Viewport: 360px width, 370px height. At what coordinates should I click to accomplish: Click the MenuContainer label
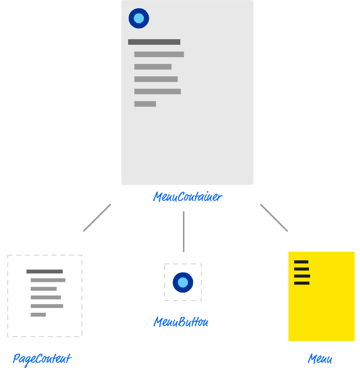[x=187, y=197]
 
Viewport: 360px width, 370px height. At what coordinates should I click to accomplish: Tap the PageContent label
[x=42, y=359]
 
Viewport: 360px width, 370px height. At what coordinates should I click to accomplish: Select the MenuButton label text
[x=181, y=323]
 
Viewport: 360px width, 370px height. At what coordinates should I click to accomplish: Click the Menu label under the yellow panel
[x=320, y=359]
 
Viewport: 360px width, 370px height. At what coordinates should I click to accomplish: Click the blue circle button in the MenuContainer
[x=139, y=18]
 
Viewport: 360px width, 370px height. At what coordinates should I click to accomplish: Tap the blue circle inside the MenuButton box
[x=183, y=283]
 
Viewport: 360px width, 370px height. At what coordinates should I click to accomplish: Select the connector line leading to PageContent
[x=97, y=218]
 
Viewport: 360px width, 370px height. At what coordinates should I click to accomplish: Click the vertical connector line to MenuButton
[x=184, y=231]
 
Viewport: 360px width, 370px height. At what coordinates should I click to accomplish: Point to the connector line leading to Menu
[x=274, y=218]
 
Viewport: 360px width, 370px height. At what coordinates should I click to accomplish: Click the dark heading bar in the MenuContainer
[x=154, y=42]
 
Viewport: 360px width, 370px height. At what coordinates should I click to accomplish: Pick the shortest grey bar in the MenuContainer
[x=145, y=104]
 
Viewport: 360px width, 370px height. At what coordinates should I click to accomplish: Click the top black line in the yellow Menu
[x=301, y=262]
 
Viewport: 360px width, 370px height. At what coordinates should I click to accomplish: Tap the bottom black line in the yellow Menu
[x=302, y=283]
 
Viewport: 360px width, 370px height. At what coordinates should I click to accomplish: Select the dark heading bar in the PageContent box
[x=44, y=272]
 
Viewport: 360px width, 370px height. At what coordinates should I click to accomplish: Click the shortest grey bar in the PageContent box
[x=38, y=315]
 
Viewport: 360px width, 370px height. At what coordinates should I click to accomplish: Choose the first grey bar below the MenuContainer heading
[x=159, y=54]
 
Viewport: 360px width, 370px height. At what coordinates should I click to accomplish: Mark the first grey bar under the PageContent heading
[x=48, y=280]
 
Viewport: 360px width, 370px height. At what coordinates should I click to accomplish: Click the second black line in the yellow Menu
[x=301, y=269]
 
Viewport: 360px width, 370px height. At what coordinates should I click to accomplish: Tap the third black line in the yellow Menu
[x=302, y=276]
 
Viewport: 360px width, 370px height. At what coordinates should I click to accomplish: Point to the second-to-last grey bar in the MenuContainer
[x=158, y=91]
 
